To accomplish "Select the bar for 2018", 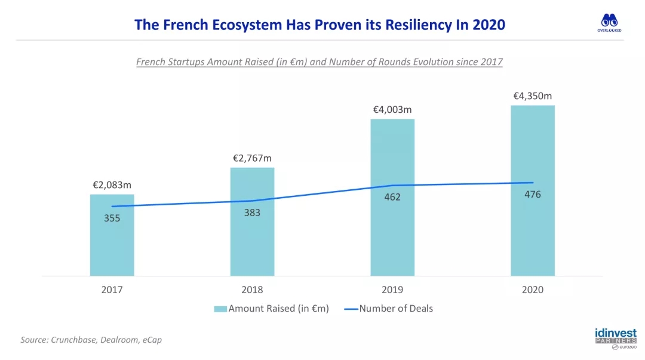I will tap(252, 239).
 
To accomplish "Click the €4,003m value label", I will tap(392, 110).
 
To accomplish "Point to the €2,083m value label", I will tap(112, 185).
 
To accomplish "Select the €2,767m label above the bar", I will tap(252, 158).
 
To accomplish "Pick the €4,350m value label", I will tap(533, 96).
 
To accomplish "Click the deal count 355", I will tap(112, 219).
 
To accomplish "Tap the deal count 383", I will tap(252, 213).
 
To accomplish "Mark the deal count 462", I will tap(392, 198).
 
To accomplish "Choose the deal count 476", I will tap(533, 195).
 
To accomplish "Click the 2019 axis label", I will tap(392, 290).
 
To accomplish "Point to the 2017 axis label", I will tap(112, 290).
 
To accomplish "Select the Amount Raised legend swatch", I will tap(220, 309).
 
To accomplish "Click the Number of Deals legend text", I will tap(396, 309).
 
